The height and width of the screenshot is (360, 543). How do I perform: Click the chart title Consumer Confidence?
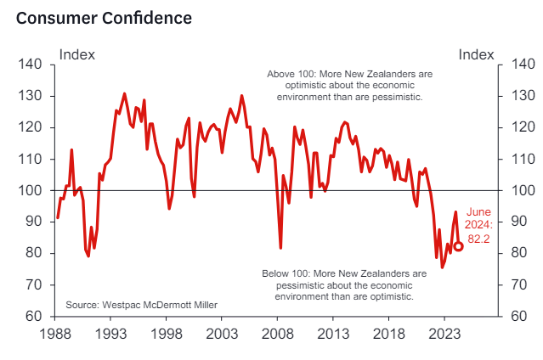click(x=104, y=18)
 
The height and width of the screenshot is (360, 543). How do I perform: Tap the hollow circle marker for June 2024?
click(x=458, y=246)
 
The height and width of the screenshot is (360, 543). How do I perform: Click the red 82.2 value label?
click(x=478, y=239)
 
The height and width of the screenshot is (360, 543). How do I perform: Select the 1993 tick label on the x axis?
click(x=110, y=334)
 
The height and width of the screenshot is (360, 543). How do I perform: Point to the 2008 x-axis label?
click(x=277, y=334)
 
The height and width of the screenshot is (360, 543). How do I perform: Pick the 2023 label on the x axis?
click(x=444, y=334)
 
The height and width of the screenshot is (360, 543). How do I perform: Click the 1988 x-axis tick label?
click(x=55, y=334)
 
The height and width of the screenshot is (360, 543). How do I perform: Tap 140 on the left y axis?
click(x=30, y=65)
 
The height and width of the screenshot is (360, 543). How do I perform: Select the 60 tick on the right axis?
click(x=518, y=316)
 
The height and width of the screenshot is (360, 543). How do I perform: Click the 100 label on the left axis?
click(x=30, y=190)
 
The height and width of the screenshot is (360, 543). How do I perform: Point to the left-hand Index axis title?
click(x=76, y=54)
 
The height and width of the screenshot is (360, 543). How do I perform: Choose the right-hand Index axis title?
click(x=476, y=54)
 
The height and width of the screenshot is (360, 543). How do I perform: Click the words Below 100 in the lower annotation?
click(x=285, y=273)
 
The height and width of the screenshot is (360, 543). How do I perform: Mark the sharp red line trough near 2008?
click(x=280, y=248)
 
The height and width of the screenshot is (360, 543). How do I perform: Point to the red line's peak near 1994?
click(x=125, y=93)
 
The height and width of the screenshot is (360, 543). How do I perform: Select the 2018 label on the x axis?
click(x=388, y=334)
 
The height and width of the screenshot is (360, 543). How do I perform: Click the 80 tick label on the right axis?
click(x=518, y=253)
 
